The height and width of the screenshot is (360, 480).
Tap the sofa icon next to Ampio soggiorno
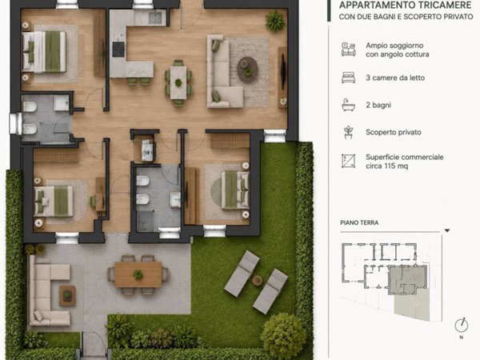(x=348, y=50)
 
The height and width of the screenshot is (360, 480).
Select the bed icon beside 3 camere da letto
(x=348, y=78)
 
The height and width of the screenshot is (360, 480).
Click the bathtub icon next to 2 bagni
(x=348, y=105)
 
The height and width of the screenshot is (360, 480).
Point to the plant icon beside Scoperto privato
(x=348, y=132)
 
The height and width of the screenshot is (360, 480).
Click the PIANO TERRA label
(x=359, y=222)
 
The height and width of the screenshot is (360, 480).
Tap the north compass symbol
(x=462, y=326)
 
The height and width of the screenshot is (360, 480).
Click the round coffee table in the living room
(x=247, y=70)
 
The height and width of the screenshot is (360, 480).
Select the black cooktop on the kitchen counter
(x=118, y=50)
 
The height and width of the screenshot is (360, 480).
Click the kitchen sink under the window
(x=155, y=18)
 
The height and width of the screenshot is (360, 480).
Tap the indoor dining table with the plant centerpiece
(x=178, y=82)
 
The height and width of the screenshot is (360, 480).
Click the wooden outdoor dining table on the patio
(x=138, y=274)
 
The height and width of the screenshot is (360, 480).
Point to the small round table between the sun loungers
(x=257, y=280)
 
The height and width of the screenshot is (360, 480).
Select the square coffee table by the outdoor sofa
(x=67, y=296)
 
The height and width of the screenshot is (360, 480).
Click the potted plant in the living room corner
(x=275, y=21)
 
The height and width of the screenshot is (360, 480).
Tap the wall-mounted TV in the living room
(x=283, y=71)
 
